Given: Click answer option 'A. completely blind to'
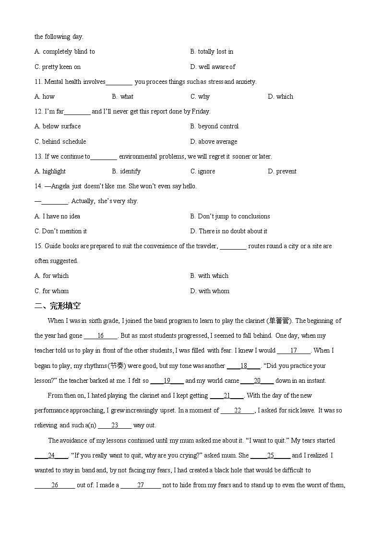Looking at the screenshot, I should coord(65,52).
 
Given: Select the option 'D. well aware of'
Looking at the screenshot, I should coord(213,67).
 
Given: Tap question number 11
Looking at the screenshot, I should coord(38,82).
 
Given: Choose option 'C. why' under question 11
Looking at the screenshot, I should coord(200,97).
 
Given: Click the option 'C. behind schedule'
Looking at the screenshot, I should coord(60,142).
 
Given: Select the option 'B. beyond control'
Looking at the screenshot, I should coord(214,126).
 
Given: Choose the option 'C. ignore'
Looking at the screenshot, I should coord(203,172).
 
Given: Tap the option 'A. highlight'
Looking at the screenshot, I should coord(50,172).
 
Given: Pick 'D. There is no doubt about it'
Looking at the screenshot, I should coord(229,231).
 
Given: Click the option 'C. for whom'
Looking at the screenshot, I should coord(52,291).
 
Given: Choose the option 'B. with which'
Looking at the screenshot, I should coord(210,276).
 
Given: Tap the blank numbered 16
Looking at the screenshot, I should coord(100,336).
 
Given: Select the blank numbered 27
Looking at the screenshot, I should coord(141,485).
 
